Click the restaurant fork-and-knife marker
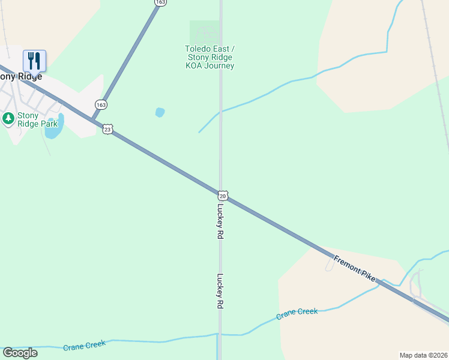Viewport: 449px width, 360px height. click(34, 61)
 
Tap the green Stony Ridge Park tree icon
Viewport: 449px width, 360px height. click(8, 119)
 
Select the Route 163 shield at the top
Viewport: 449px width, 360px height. click(160, 2)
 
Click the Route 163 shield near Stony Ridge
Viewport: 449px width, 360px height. click(100, 104)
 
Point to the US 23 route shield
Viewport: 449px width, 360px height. click(107, 129)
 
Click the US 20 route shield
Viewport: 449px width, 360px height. click(223, 196)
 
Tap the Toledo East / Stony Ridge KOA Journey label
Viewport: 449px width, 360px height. click(209, 57)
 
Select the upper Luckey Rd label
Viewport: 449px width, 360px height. click(220, 221)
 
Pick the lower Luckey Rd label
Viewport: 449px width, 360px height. click(220, 291)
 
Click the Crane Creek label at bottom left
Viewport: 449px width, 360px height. click(84, 345)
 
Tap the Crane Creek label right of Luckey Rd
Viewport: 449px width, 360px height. click(297, 313)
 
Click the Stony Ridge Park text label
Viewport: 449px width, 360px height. click(37, 119)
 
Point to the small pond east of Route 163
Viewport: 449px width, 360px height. click(160, 112)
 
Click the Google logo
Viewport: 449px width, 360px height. click(20, 353)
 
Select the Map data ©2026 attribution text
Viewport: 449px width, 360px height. click(423, 355)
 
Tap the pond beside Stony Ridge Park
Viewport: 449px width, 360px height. click(53, 129)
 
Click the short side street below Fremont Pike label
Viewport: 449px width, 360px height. click(330, 263)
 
